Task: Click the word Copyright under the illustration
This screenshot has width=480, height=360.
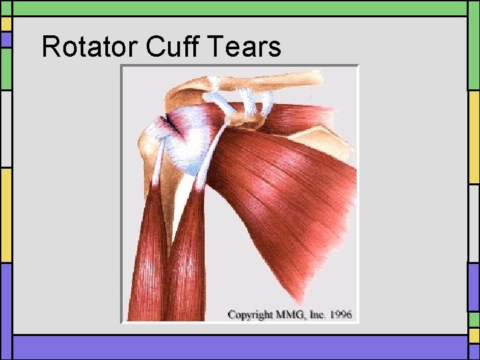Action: pyautogui.click(x=252, y=313)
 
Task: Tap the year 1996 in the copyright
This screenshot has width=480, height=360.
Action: pyautogui.click(x=340, y=313)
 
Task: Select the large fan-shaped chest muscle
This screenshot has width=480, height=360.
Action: pyautogui.click(x=287, y=193)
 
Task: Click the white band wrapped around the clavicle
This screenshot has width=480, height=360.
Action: pyautogui.click(x=215, y=83)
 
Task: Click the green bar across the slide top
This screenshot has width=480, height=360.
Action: pyautogui.click(x=240, y=7)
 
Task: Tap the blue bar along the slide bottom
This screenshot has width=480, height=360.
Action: pyautogui.click(x=240, y=347)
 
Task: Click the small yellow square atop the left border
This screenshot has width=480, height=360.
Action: pyautogui.click(x=6, y=24)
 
